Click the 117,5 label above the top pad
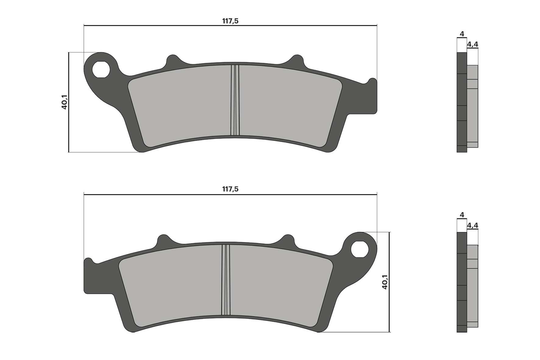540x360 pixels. point(230,21)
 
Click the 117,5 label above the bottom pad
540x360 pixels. point(230,189)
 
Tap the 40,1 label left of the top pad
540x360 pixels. point(64,102)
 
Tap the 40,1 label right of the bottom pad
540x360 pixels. point(385,282)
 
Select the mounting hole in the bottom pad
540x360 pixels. point(360,249)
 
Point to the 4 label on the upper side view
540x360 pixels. point(462,34)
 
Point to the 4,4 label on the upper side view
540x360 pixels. point(472,44)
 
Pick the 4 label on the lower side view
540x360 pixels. point(462,215)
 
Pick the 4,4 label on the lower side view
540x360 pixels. point(472,225)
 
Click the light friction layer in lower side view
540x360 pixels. point(472,286)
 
